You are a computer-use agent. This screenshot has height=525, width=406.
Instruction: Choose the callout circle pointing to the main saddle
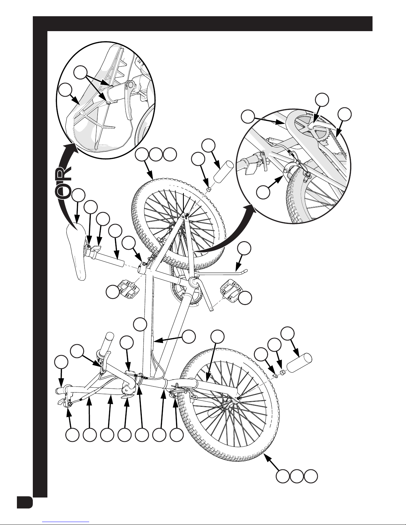pyautogui.click(x=79, y=195)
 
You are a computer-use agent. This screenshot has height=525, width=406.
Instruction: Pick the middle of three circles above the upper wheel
pyautogui.click(x=156, y=155)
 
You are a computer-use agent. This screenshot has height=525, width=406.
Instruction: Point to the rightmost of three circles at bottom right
pyautogui.click(x=311, y=476)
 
